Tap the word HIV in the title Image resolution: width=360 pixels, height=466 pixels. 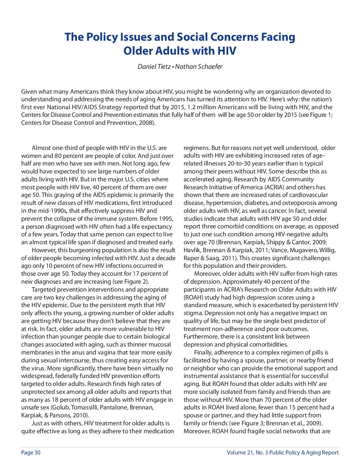coord(227,51)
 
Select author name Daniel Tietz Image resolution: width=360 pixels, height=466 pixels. coord(154,67)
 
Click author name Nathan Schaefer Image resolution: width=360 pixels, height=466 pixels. coord(199,67)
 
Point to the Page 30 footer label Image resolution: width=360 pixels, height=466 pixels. coord(31,452)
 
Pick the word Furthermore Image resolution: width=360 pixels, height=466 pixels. coord(202,337)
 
